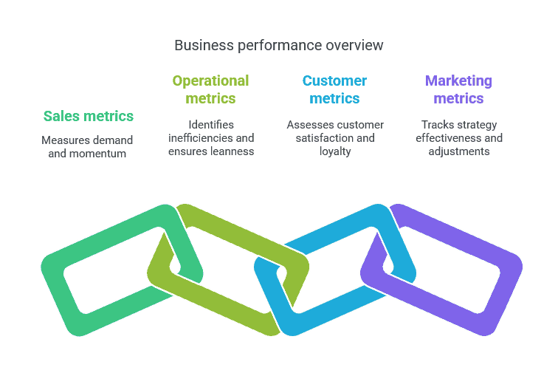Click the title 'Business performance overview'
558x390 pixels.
click(278, 45)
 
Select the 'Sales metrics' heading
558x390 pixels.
click(88, 116)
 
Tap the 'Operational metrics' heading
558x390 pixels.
click(210, 89)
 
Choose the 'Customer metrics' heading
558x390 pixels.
click(334, 89)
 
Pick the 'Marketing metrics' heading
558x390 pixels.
click(458, 89)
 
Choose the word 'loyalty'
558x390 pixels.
click(334, 151)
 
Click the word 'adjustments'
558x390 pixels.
click(458, 151)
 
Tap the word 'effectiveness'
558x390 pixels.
click(447, 138)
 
